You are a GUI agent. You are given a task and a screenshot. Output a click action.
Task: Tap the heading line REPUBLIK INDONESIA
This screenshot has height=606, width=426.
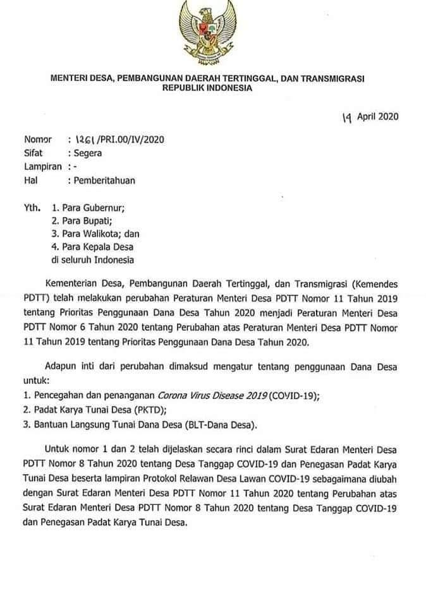click(207, 88)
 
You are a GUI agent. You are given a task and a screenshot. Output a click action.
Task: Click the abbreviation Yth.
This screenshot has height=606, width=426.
click(32, 206)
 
